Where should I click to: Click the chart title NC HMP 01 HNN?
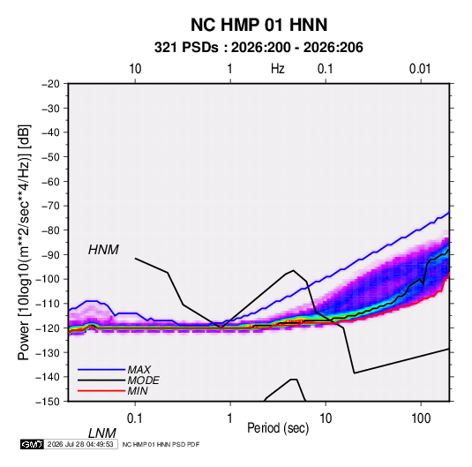pyautogui.click(x=258, y=25)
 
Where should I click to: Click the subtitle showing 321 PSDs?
pyautogui.click(x=258, y=48)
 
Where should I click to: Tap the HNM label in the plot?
pyautogui.click(x=103, y=250)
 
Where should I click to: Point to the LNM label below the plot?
pyautogui.click(x=102, y=433)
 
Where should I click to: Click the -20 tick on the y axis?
pyautogui.click(x=50, y=84)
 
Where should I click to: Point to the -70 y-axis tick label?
pyautogui.click(x=50, y=206)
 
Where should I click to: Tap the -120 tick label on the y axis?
pyautogui.click(x=48, y=328)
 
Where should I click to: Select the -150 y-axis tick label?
pyautogui.click(x=48, y=402)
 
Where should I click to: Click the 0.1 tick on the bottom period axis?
pyautogui.click(x=134, y=418)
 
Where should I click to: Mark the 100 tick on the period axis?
pyautogui.click(x=421, y=418)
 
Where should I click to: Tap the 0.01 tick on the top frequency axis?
pyautogui.click(x=420, y=69)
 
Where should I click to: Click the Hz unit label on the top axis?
pyautogui.click(x=278, y=69)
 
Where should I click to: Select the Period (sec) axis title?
pyautogui.click(x=278, y=428)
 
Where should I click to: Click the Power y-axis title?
pyautogui.click(x=24, y=243)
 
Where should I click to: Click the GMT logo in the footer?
pyautogui.click(x=32, y=444)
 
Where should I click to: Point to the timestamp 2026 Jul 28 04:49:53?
pyautogui.click(x=80, y=444)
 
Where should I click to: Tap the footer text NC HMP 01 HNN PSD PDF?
pyautogui.click(x=161, y=444)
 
